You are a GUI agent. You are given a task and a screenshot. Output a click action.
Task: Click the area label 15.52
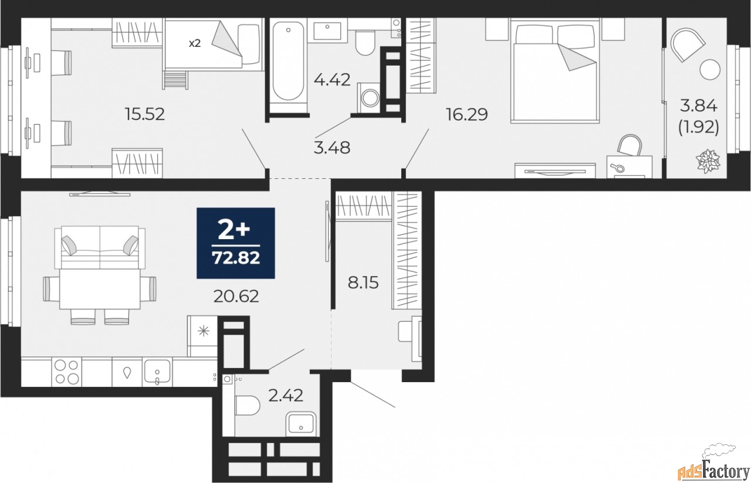[x=145, y=113]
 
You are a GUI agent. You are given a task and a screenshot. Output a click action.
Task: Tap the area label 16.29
[x=468, y=113]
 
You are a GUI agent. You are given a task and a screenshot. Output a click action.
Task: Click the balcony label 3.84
[x=699, y=106]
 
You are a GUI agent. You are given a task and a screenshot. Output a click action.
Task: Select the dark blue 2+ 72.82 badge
[x=236, y=243]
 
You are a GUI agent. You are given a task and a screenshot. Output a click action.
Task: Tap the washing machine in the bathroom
[x=368, y=97]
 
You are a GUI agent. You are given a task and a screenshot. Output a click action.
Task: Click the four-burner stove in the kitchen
[x=66, y=372]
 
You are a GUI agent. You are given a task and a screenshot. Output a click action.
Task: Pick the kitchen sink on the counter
[x=157, y=372]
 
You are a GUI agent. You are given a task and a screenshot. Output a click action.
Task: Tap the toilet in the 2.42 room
[x=247, y=404]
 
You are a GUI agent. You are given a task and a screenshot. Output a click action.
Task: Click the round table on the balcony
[x=710, y=69]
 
